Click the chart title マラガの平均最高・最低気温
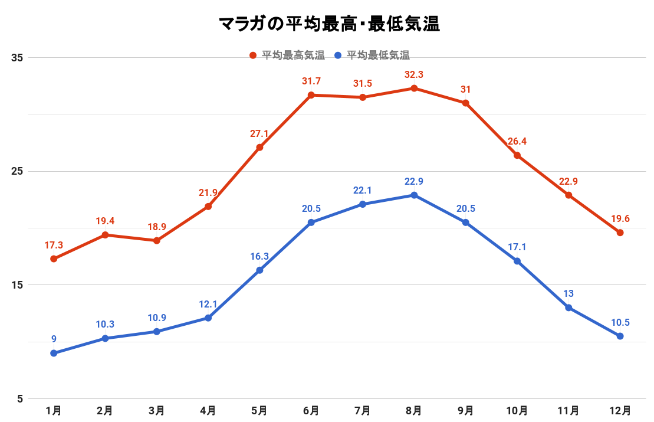click(x=329, y=24)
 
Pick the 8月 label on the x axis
click(x=414, y=410)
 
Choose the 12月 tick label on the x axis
click(x=620, y=410)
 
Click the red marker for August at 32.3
click(x=414, y=89)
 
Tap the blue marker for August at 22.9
click(x=414, y=195)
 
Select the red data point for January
click(x=54, y=259)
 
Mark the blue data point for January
click(x=54, y=353)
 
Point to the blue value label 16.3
click(x=259, y=257)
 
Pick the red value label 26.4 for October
click(x=517, y=142)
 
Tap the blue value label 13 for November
click(x=568, y=294)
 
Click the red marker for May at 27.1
click(x=259, y=148)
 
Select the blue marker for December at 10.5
click(x=620, y=336)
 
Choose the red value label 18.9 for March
click(x=156, y=227)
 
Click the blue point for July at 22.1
click(x=363, y=204)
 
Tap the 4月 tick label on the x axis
click(x=208, y=410)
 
